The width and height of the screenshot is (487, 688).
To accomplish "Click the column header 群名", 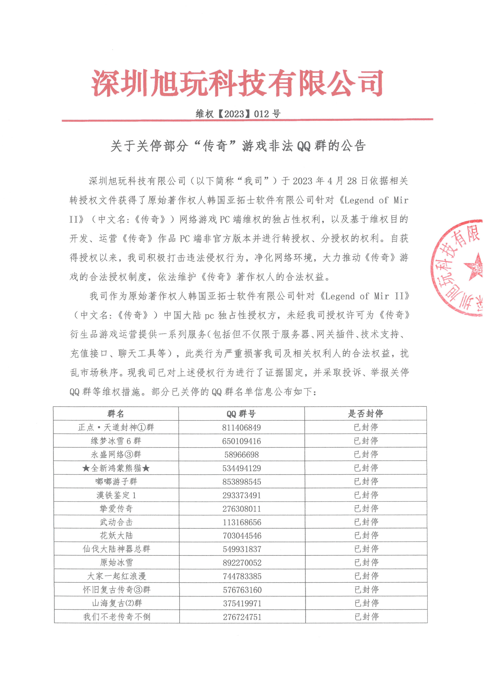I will [116, 414].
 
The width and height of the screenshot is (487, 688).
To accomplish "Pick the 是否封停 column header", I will [366, 414].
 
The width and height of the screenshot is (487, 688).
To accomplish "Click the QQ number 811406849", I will [241, 428].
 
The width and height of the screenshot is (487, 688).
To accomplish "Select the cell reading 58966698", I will [241, 455].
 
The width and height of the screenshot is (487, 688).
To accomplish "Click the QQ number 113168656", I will [242, 522].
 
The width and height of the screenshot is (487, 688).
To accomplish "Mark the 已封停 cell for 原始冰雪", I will [366, 563].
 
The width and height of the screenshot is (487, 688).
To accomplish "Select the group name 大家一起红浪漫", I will [116, 576].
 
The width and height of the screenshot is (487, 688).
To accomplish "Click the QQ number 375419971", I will [242, 603].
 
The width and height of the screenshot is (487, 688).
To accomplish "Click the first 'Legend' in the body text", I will [359, 200].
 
